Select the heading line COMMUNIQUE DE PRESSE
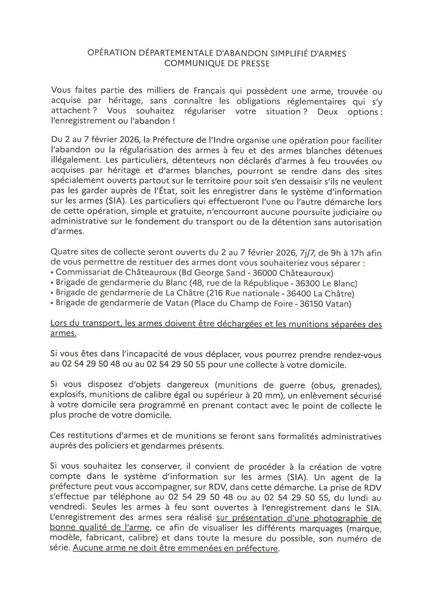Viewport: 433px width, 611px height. coord(216,63)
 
